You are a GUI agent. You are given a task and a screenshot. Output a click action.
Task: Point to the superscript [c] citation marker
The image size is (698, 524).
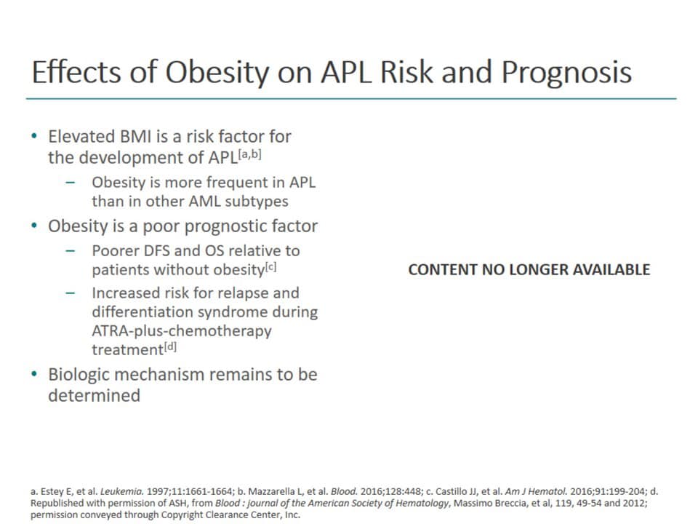point(272,267)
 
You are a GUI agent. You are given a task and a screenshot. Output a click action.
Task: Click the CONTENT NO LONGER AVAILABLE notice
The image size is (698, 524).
point(529,269)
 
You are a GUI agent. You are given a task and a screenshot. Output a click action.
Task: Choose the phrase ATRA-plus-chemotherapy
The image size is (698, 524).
point(181,330)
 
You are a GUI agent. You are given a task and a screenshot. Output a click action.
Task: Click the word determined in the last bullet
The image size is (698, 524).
point(94,396)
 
